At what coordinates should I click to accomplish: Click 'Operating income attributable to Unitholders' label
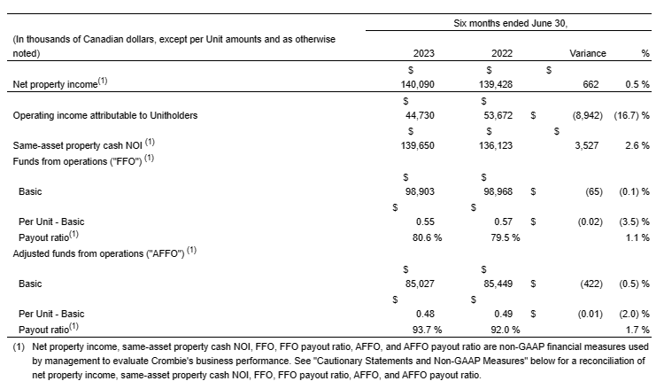(105, 115)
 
